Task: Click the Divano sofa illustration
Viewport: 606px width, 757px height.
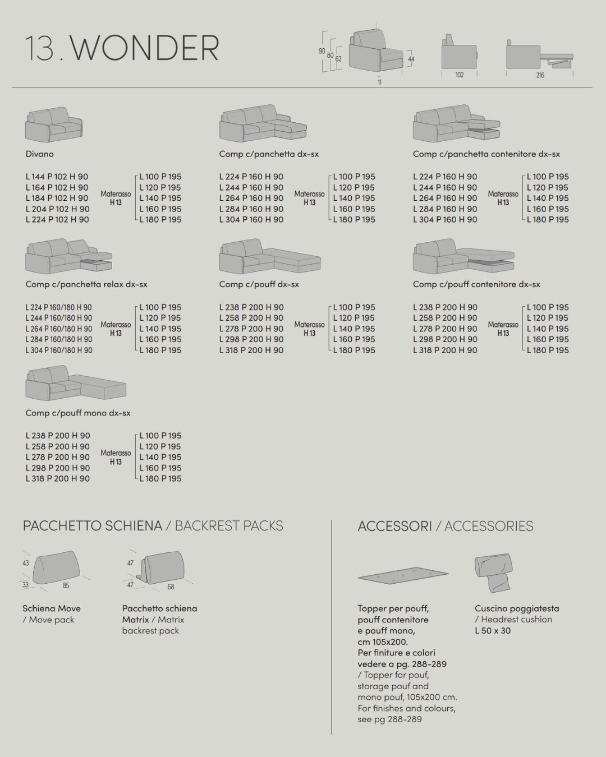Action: pyautogui.click(x=53, y=124)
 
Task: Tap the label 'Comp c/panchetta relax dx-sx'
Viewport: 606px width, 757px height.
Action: pyautogui.click(x=86, y=284)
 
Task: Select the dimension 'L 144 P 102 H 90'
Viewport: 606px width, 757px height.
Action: pyautogui.click(x=57, y=177)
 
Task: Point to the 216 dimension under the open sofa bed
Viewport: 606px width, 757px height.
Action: pyautogui.click(x=540, y=75)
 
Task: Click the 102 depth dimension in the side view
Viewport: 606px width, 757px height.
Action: pyautogui.click(x=459, y=75)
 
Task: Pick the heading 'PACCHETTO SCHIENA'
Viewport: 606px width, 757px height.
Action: pyautogui.click(x=92, y=526)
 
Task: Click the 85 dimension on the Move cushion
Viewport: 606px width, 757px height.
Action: pyautogui.click(x=66, y=586)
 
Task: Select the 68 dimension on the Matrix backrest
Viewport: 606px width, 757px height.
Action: pyautogui.click(x=171, y=587)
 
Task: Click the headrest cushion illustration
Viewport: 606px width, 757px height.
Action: pyautogui.click(x=494, y=573)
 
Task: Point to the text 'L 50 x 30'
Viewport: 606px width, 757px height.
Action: pyautogui.click(x=493, y=630)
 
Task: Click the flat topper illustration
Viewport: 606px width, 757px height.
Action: pyautogui.click(x=403, y=576)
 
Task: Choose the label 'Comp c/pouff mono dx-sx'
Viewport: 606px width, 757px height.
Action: pyautogui.click(x=78, y=413)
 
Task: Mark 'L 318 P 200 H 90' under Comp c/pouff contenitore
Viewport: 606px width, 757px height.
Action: pyautogui.click(x=445, y=350)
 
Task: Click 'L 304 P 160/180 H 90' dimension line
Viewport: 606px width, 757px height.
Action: pyautogui.click(x=59, y=350)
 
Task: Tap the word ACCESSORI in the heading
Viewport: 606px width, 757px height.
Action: pyautogui.click(x=395, y=526)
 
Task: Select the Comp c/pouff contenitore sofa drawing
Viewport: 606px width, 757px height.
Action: pyautogui.click(x=463, y=257)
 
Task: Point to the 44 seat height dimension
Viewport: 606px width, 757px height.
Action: pyautogui.click(x=411, y=59)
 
